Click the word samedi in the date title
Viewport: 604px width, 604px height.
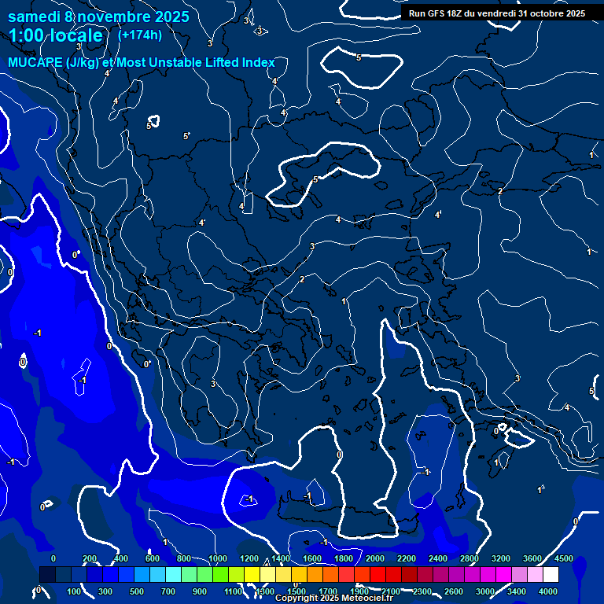(35, 16)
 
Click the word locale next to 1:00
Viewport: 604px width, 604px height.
(77, 35)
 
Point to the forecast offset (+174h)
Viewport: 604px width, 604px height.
(139, 35)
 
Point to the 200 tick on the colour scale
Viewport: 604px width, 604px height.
(89, 558)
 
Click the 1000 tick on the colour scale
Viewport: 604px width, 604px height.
(217, 558)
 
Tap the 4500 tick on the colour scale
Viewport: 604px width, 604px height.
(564, 558)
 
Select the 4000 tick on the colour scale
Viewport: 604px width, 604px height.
(548, 591)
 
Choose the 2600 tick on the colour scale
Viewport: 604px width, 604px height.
(454, 591)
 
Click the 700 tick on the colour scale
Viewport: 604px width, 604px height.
(168, 591)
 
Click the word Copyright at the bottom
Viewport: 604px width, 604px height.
(297, 598)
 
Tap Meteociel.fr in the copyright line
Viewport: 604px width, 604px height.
(368, 598)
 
